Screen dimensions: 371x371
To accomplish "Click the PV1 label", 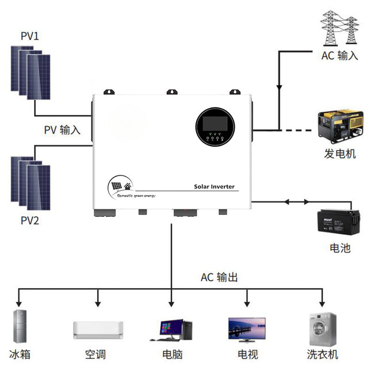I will [29, 36].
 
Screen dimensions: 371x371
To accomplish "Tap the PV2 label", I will [30, 220].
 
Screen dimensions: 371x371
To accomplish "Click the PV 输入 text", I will [62, 130].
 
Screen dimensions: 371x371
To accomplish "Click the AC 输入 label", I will [339, 56].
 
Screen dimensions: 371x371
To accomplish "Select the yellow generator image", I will [340, 128].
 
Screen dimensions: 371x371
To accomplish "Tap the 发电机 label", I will [340, 154].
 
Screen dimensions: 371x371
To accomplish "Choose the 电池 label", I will [339, 248].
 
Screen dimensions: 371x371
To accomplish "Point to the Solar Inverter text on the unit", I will [215, 187].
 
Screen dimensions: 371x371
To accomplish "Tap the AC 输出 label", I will [219, 277].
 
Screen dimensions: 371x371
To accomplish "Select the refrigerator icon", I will [20, 327].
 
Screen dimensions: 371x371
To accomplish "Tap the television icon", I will [247, 330].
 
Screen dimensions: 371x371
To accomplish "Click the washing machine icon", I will [322, 328].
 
